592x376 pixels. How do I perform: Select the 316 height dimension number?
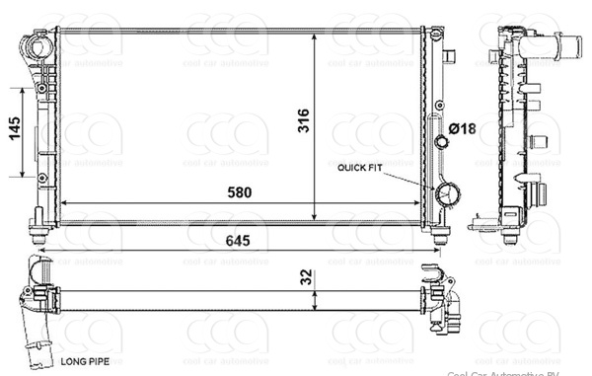coord(304,120)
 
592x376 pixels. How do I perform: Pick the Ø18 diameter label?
coord(462,128)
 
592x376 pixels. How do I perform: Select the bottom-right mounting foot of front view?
coord(441,235)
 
